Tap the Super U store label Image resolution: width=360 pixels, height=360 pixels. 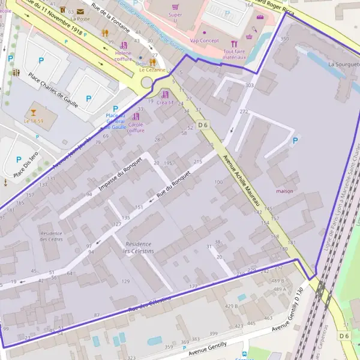175,15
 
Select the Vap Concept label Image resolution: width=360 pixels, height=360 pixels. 204,41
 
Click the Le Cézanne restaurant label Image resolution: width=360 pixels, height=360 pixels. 152,70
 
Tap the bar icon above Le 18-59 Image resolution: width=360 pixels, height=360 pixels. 33,112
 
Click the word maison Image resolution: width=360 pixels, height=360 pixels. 285,191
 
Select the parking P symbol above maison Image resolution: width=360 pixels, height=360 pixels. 293,140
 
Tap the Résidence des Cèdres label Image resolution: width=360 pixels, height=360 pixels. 51,236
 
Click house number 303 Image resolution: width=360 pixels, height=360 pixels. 250,86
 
